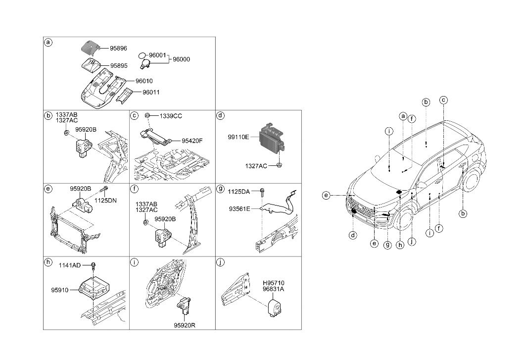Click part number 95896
point(118,49)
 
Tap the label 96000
point(181,59)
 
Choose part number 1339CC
point(171,116)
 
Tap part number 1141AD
point(69,265)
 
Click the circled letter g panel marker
point(221,189)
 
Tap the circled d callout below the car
point(353,235)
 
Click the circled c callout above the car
point(444,100)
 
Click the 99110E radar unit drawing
point(272,137)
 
